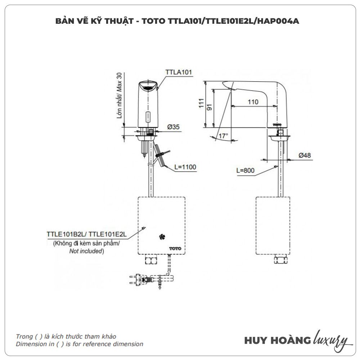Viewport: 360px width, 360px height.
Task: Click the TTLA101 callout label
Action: (x=179, y=72)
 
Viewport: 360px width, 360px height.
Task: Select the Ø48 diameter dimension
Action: (x=304, y=156)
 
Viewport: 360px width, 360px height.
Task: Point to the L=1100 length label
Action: (x=185, y=167)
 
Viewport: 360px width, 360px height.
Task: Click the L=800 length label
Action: (x=246, y=171)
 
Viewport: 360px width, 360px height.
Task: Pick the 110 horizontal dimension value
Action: (x=253, y=102)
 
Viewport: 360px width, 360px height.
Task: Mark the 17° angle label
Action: (x=223, y=136)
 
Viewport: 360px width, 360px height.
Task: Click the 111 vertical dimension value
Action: (x=201, y=104)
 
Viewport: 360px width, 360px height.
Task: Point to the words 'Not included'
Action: (x=86, y=251)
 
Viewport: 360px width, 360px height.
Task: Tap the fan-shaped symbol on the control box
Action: (x=161, y=237)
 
